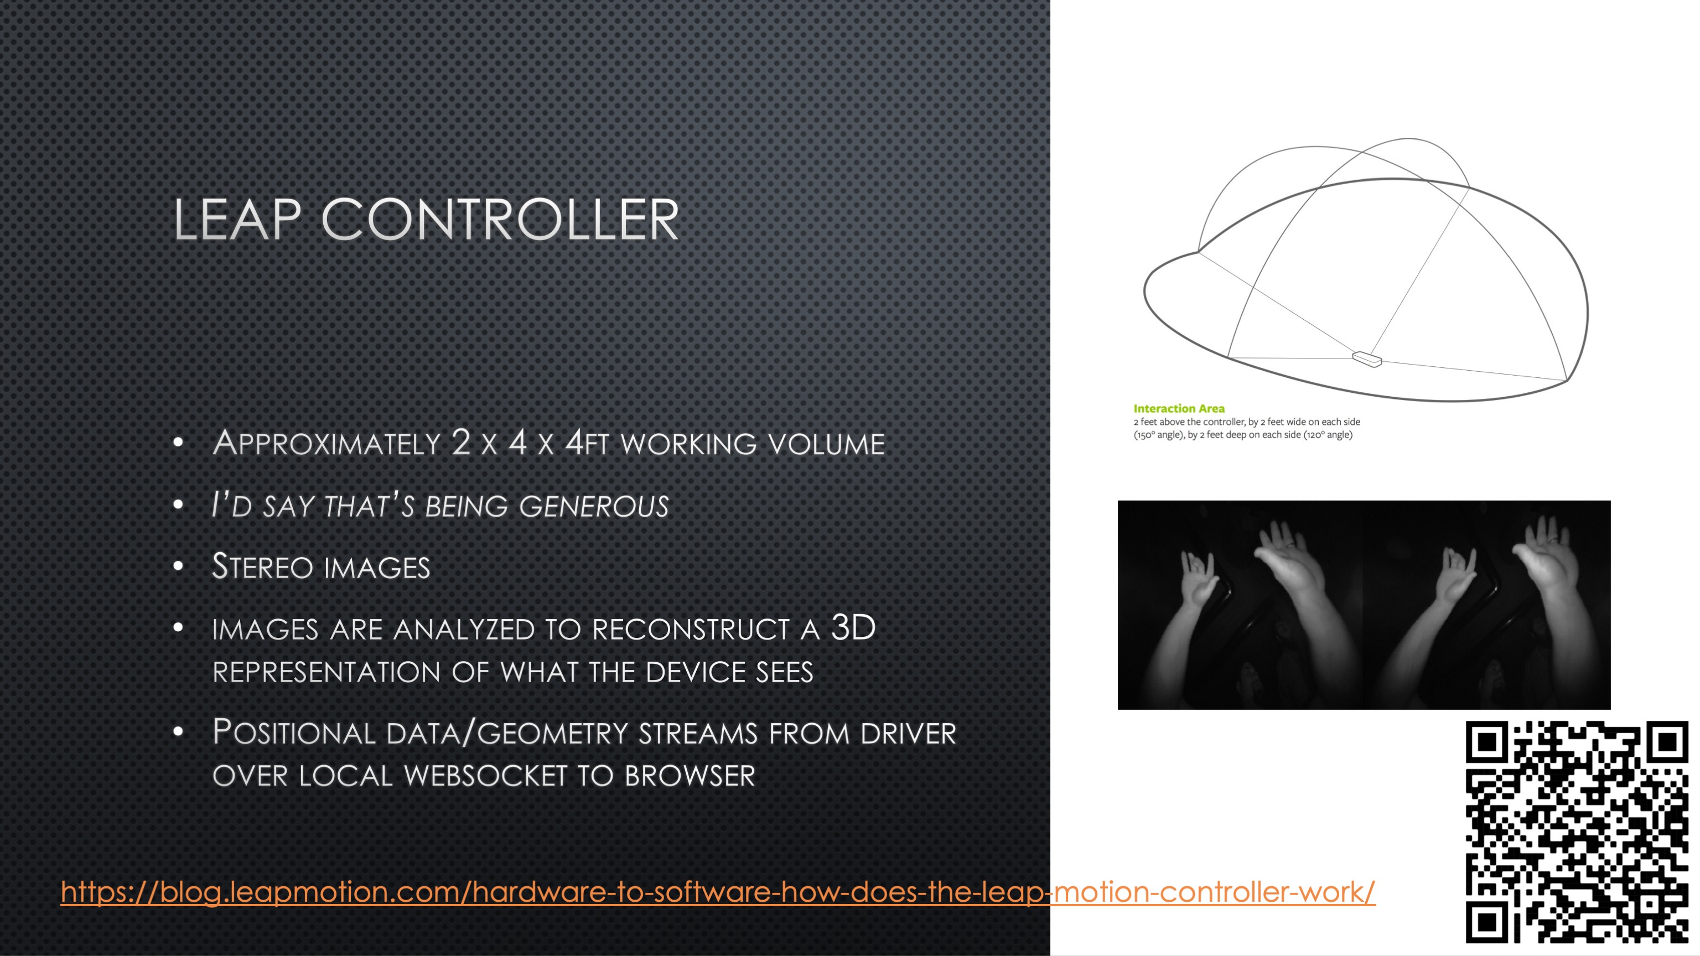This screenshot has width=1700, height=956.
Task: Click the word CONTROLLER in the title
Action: pos(500,220)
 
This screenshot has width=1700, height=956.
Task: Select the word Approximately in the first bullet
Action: pos(326,443)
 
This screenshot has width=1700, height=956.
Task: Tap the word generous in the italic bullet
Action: pos(594,506)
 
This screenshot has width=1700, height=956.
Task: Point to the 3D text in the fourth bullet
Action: pos(853,627)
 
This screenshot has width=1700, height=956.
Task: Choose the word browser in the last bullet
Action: pos(690,776)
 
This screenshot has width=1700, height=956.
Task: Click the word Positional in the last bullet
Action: pos(294,732)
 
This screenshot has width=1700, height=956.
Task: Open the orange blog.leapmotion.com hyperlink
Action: pos(718,892)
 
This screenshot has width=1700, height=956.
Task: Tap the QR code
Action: pos(1577,832)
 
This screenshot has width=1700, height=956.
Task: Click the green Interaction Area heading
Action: pos(1179,408)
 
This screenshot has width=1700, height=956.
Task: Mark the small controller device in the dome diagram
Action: pos(1367,359)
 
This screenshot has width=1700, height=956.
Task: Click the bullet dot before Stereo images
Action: pos(178,566)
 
